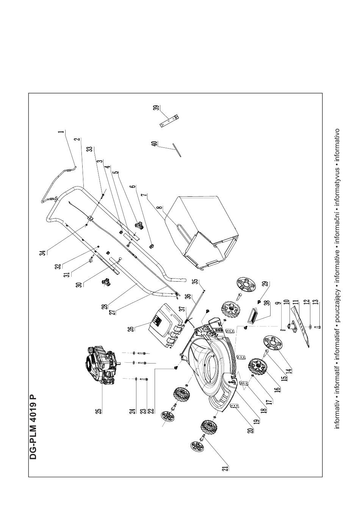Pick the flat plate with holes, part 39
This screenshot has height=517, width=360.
pyautogui.click(x=169, y=120)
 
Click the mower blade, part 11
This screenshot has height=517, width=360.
pyautogui.click(x=301, y=326)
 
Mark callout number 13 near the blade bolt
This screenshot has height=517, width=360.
pyautogui.click(x=316, y=303)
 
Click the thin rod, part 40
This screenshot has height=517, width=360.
pyautogui.click(x=177, y=149)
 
